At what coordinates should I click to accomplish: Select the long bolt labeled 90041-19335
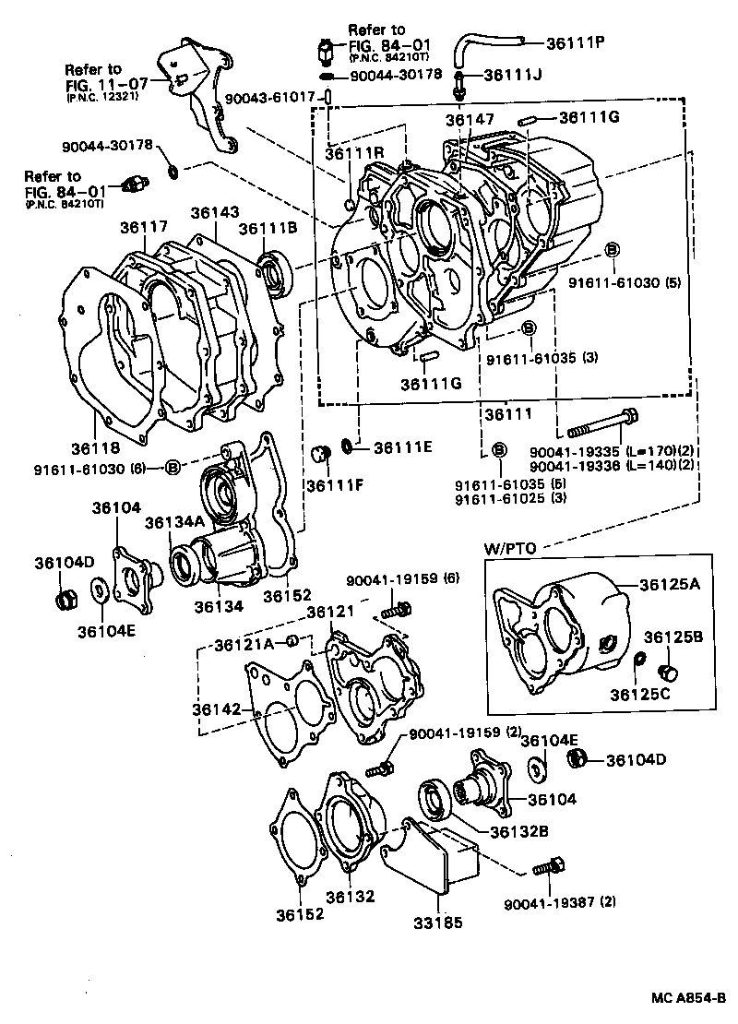[601, 428]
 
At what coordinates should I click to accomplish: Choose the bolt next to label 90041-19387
[548, 866]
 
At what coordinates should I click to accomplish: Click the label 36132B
[519, 830]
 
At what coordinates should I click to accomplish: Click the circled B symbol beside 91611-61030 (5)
[611, 250]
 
